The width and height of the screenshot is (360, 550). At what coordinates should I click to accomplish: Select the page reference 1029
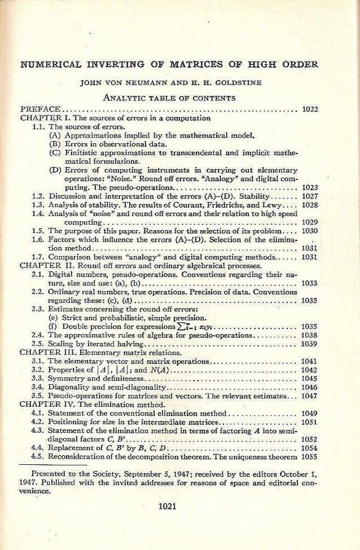pos(310,222)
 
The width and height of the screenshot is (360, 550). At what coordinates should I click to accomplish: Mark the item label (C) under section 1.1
pos(55,152)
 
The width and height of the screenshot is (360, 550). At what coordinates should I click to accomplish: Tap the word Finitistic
pos(83,152)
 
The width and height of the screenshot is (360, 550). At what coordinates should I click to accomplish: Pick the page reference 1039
pos(310,344)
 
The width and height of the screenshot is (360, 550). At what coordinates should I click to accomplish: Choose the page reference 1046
pos(310,388)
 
